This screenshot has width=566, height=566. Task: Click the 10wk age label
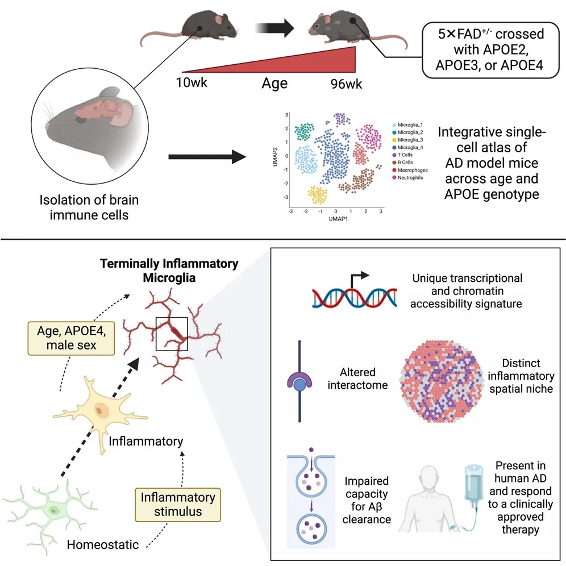coord(192,83)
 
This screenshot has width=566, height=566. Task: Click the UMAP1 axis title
coord(335,218)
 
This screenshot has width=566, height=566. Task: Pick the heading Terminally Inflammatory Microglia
coord(169,270)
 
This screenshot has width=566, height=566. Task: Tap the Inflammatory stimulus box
coord(179,503)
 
